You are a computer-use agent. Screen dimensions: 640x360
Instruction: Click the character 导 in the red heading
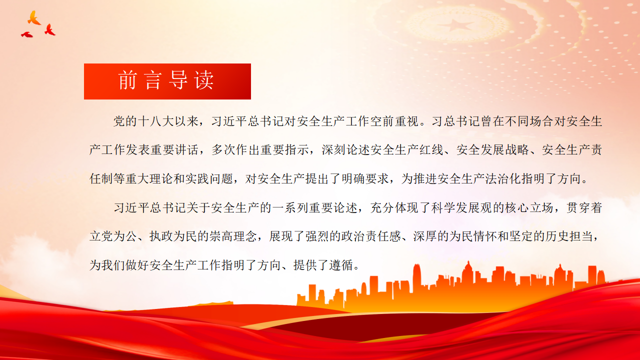178,80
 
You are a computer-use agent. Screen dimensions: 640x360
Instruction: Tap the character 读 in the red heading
204,80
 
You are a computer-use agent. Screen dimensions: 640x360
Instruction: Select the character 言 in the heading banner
153,80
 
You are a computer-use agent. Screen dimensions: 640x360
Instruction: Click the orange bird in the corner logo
34,18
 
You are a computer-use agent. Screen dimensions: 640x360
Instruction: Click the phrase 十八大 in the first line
156,121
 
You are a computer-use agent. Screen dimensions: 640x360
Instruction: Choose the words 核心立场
529,207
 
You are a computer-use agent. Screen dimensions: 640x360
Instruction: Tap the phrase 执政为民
173,236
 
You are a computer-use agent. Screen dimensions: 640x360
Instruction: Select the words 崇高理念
233,236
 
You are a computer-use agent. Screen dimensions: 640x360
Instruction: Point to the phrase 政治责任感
371,236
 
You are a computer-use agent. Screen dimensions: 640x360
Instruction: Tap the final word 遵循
341,265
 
